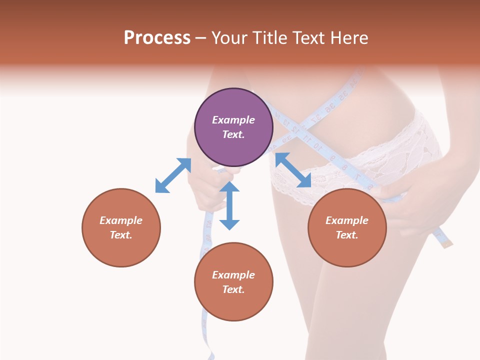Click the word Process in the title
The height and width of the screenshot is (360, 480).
(x=157, y=38)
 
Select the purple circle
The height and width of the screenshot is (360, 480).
(x=233, y=127)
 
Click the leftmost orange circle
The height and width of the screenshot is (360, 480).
(x=121, y=227)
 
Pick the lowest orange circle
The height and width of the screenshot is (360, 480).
(x=233, y=282)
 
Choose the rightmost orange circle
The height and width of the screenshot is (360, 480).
(x=347, y=227)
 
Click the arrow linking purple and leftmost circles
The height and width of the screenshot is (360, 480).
(x=173, y=175)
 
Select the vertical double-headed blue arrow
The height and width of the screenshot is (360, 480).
(x=229, y=205)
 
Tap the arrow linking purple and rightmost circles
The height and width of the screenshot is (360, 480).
(x=293, y=170)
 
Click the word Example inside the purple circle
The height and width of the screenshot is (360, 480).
(x=233, y=120)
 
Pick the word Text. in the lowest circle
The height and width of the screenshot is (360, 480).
(x=233, y=289)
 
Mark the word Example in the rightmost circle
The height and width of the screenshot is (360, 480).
(x=347, y=220)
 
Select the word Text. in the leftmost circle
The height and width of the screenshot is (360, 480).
(x=121, y=235)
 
